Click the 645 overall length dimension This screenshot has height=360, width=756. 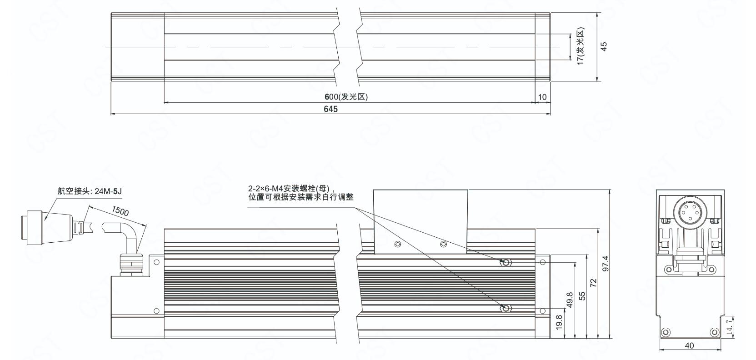click(x=330, y=109)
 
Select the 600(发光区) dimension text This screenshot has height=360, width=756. click(x=346, y=97)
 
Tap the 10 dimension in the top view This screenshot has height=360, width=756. click(x=542, y=97)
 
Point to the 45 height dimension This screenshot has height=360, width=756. click(x=604, y=46)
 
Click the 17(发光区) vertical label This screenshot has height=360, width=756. click(x=580, y=46)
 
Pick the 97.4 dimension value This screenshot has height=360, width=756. click(x=606, y=264)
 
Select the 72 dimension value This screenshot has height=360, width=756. click(x=593, y=283)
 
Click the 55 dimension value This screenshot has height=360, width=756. click(x=582, y=296)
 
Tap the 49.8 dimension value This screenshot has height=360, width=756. click(x=570, y=300)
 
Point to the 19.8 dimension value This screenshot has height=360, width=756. click(x=559, y=322)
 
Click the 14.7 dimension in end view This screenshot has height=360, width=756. click(x=730, y=326)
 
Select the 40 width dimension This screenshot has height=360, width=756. click(x=690, y=346)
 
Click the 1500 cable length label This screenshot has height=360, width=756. click(x=120, y=211)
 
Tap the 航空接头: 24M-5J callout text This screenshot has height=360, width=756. click(x=90, y=191)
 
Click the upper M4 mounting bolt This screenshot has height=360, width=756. click(x=506, y=262)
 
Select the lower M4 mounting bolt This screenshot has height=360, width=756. click(x=506, y=308)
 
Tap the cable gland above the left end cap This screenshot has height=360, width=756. click(x=131, y=265)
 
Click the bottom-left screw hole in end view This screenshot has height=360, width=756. click(x=665, y=332)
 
